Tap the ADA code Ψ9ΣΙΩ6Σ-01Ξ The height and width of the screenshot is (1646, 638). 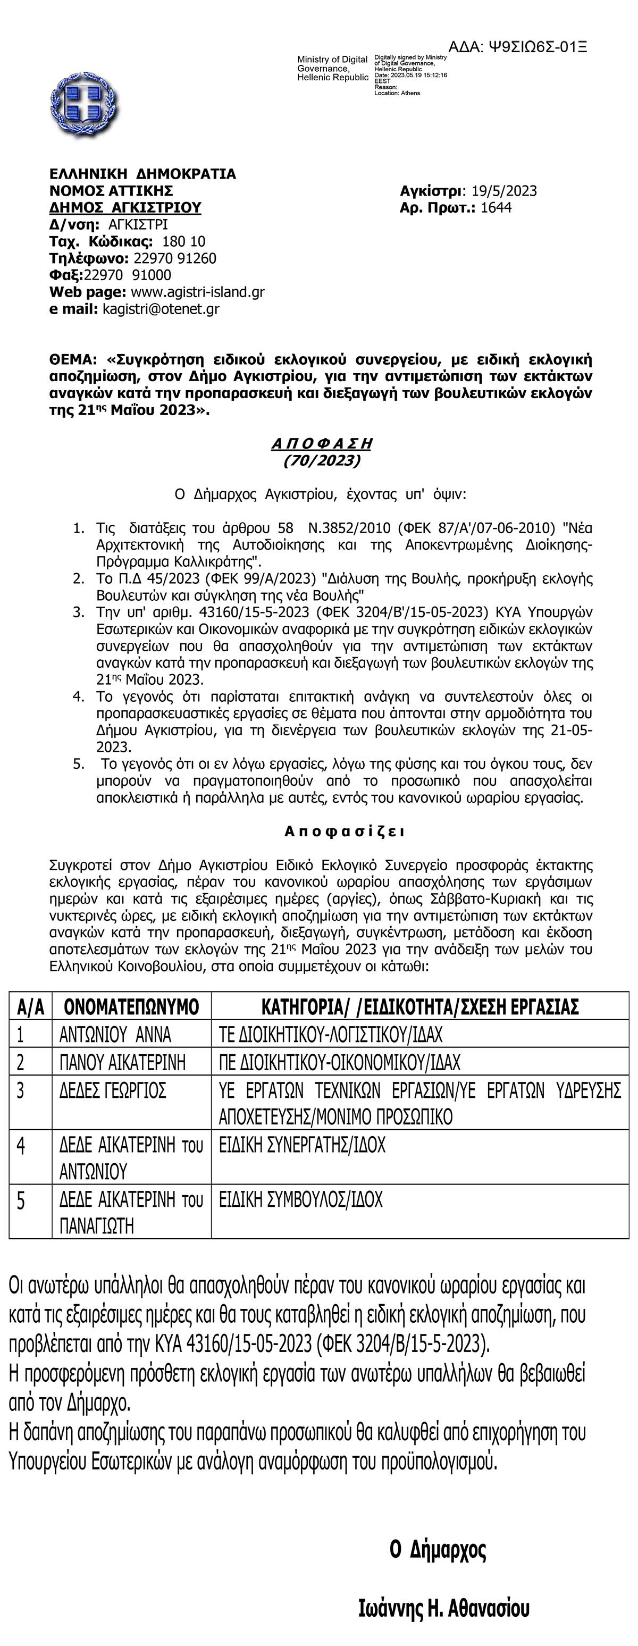[x=518, y=47]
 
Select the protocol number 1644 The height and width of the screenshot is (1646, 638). [x=496, y=208]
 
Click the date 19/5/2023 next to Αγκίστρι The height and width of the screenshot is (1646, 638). [x=505, y=191]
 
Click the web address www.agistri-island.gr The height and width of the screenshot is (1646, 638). [x=198, y=292]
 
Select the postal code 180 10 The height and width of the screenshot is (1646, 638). [x=184, y=241]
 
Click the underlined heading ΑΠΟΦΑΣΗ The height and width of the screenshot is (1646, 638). [x=322, y=443]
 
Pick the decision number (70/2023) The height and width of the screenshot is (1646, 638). [x=322, y=460]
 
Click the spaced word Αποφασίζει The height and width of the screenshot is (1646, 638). [x=345, y=832]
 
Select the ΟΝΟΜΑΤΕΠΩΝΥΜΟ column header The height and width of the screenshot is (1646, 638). [x=132, y=1007]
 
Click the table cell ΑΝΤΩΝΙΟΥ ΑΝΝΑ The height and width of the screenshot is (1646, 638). [x=115, y=1035]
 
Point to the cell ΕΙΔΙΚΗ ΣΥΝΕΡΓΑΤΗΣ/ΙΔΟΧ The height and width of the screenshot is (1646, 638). [x=303, y=1145]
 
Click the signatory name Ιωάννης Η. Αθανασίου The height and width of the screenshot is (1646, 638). [x=444, y=1608]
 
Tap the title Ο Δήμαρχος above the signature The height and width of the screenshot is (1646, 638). [x=438, y=1550]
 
